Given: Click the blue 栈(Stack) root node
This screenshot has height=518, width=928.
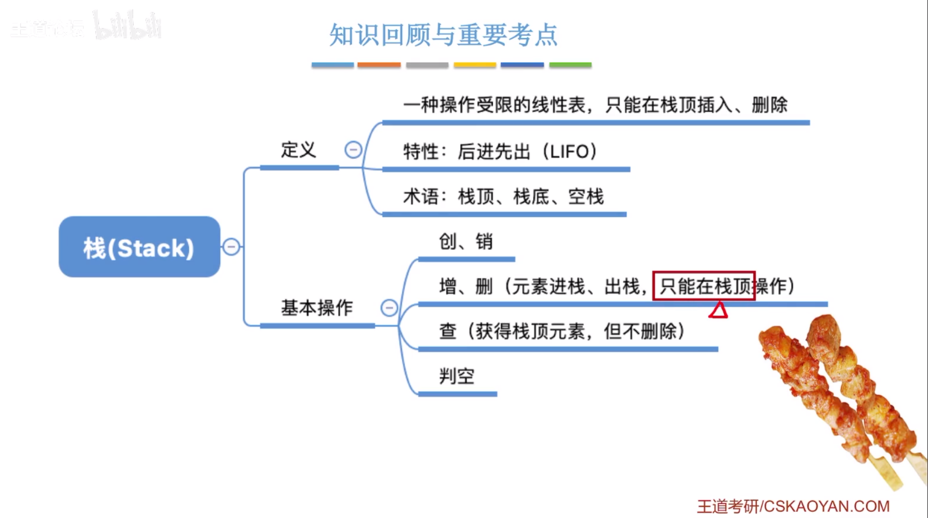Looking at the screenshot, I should pos(139,247).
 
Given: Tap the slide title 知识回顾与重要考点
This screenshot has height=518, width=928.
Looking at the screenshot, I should pos(443,35).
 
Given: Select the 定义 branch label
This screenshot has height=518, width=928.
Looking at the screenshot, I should pos(298,150).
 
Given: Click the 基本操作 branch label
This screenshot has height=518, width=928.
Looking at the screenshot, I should pos(317,308).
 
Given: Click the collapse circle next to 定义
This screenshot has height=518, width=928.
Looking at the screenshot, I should pos(353,149).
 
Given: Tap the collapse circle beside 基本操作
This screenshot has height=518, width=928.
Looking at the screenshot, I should pos(389,308).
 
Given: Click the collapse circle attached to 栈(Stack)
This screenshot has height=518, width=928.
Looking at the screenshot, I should pos(231,247).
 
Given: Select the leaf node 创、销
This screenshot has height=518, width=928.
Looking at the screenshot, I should pos(465,241).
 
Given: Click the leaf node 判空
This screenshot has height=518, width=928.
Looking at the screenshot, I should pos(457,376).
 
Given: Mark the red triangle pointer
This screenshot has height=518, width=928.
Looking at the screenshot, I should pos(718,311).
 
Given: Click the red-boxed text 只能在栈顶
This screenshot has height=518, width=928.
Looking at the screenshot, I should pos(704,286).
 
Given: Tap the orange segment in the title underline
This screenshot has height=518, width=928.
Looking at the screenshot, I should pos(379,65).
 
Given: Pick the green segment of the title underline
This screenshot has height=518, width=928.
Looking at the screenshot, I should pos(570,65).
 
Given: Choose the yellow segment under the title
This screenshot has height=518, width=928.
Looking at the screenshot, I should pos(474,65).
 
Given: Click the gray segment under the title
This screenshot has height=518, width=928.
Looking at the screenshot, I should pos(427,65).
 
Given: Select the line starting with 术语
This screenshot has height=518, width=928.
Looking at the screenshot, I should pos(503,197).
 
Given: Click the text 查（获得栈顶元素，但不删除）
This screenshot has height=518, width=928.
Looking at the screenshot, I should pos(562,331).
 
